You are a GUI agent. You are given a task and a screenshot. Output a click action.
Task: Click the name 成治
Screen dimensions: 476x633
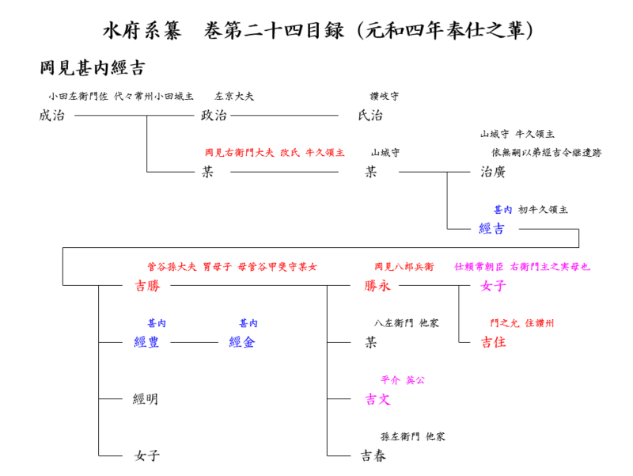coord(51,116)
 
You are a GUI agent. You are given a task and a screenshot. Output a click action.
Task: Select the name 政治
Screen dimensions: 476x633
coord(214,116)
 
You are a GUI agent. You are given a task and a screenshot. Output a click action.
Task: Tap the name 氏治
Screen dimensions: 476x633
coord(370,116)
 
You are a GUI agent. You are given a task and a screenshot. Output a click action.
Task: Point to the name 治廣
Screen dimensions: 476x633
coord(493,172)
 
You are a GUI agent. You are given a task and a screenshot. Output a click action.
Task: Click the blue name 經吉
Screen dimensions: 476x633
coord(491,229)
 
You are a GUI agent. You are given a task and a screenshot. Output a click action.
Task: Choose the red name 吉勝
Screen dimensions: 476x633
coord(147,286)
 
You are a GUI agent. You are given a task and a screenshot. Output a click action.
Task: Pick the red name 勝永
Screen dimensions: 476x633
coord(377,286)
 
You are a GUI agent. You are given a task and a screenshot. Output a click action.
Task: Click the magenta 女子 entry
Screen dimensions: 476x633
coord(493,286)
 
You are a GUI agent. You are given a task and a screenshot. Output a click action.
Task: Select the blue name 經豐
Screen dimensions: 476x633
coord(147,343)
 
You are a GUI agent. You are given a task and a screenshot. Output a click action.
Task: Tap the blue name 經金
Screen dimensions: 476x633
coord(241,343)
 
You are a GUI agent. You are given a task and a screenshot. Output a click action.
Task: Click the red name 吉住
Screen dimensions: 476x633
coord(493,343)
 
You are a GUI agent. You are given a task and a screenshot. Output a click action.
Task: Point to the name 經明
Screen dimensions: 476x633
coord(146,399)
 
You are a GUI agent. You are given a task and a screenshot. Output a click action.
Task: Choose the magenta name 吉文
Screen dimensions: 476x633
coord(377,399)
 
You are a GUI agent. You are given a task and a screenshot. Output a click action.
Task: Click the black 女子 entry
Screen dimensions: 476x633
coord(147,455)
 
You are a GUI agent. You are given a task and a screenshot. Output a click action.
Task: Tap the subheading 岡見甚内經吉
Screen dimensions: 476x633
coord(92,68)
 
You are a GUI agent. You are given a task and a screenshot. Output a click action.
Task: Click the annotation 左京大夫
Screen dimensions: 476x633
coord(234,97)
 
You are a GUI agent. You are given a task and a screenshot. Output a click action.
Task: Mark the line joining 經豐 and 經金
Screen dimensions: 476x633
coord(194,343)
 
